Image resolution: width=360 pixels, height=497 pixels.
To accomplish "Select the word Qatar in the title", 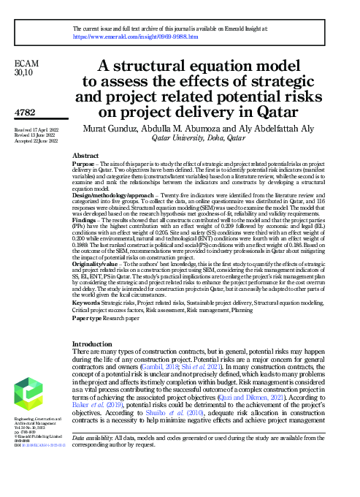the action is (273, 113).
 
